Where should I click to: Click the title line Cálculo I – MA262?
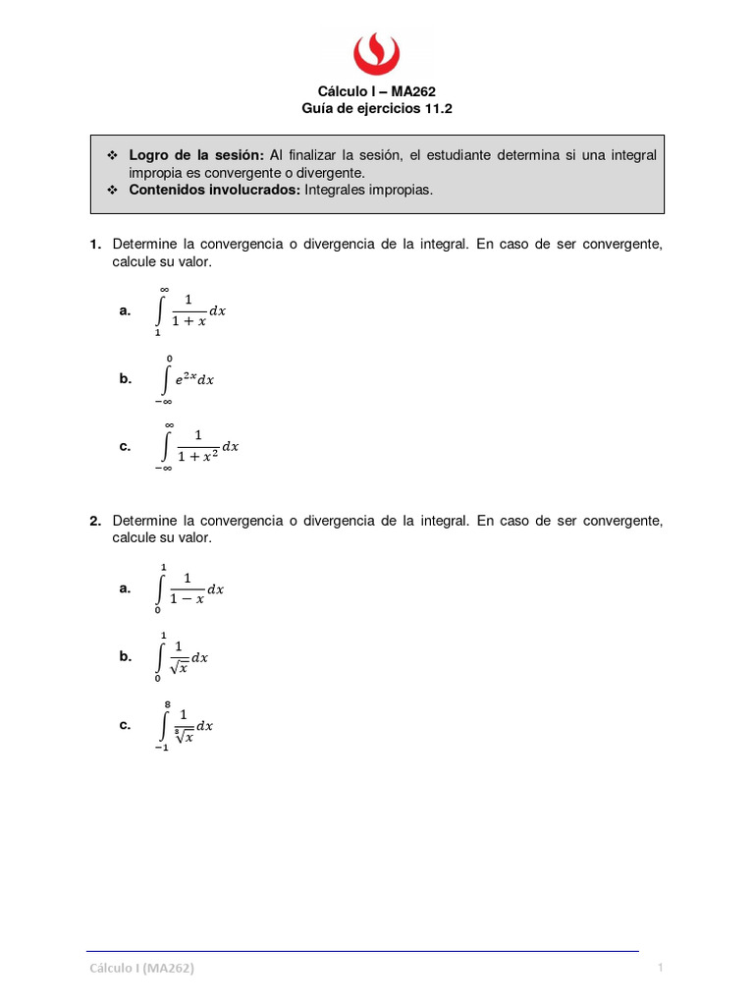click(x=376, y=91)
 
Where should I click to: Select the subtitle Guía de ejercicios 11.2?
click(x=376, y=109)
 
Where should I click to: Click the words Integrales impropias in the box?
click(x=368, y=190)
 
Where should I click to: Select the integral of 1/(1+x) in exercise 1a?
click(x=191, y=310)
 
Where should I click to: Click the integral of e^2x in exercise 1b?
click(x=187, y=379)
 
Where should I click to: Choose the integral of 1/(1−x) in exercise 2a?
click(x=190, y=588)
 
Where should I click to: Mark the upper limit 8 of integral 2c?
click(x=169, y=704)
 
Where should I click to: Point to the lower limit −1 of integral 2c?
click(x=161, y=748)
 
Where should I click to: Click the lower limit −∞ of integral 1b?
click(x=163, y=401)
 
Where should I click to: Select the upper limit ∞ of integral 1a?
click(x=165, y=289)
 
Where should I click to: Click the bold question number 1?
click(x=95, y=244)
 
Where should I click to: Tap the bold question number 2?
click(x=95, y=521)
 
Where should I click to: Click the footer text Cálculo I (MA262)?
click(x=141, y=969)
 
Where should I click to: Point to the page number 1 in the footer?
click(x=661, y=969)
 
